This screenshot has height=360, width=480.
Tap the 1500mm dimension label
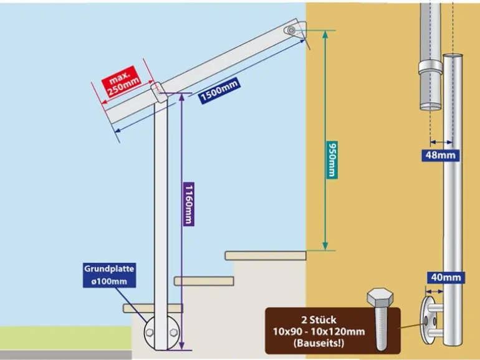pos(219,91)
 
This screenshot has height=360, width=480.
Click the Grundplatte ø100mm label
pos(109,275)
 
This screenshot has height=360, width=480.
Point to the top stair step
pos(265,255)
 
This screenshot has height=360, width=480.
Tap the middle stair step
pos(203,281)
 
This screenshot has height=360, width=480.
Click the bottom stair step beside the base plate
pos(137,308)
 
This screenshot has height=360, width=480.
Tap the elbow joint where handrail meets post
pos(160,92)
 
